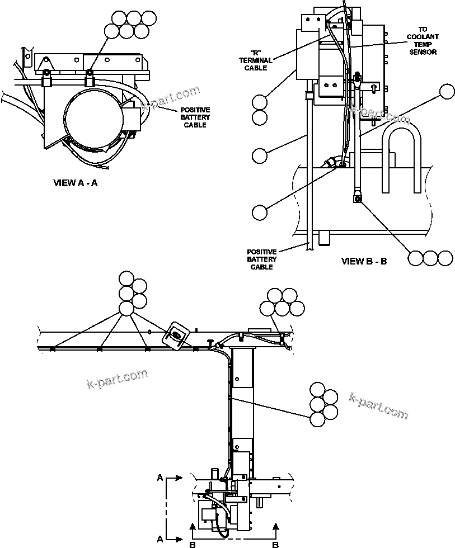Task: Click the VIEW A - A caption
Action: [75, 183]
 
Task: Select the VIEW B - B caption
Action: [364, 261]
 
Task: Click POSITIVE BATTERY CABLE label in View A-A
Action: [195, 117]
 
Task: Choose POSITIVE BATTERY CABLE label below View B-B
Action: [261, 259]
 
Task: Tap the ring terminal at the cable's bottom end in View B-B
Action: [356, 197]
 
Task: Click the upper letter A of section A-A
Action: [161, 478]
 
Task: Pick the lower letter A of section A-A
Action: [161, 538]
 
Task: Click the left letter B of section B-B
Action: [192, 542]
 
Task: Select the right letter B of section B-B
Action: [275, 542]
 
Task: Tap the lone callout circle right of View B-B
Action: [447, 91]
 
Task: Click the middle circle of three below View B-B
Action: [430, 258]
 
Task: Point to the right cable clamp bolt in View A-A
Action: [88, 73]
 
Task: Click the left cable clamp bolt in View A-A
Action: [46, 73]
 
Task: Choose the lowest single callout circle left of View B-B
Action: [260, 212]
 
